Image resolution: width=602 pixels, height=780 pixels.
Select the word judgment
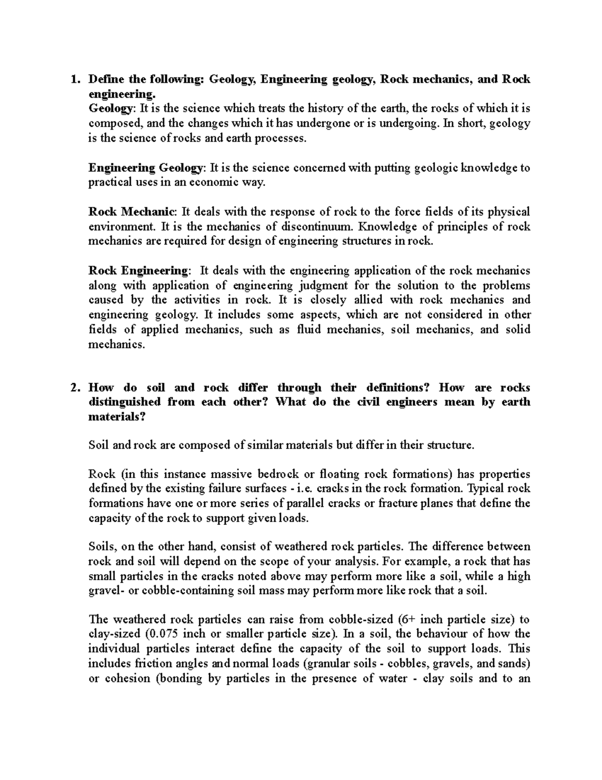click(323, 286)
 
